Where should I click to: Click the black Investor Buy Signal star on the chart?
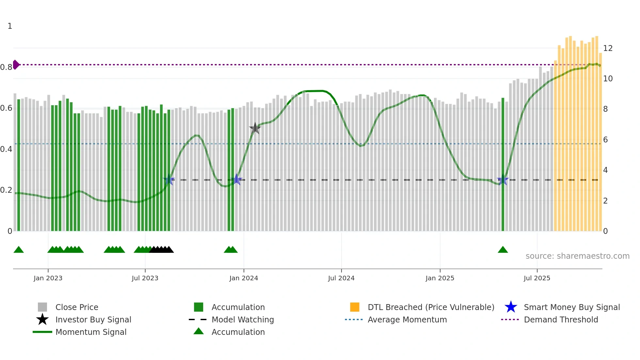click(x=255, y=128)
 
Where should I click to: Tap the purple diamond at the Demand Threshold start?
click(x=16, y=65)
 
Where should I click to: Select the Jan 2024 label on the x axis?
click(x=244, y=278)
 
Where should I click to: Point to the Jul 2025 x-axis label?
click(x=537, y=278)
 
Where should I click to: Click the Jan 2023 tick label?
click(x=48, y=278)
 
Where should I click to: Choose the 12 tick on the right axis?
click(x=608, y=48)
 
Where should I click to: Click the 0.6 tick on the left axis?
click(x=6, y=108)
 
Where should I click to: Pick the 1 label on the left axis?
click(x=10, y=26)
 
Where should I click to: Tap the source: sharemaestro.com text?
click(x=577, y=256)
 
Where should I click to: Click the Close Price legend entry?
click(x=77, y=307)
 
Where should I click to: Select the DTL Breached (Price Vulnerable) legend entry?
click(x=431, y=307)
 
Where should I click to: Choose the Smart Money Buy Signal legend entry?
click(x=571, y=307)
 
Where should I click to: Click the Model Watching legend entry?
click(x=243, y=320)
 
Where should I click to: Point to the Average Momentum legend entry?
click(x=407, y=320)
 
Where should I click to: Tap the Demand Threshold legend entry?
click(x=561, y=320)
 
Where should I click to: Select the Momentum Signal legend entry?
click(x=91, y=332)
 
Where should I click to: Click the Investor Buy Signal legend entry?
click(x=93, y=320)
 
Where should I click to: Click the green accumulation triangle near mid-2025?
click(x=503, y=250)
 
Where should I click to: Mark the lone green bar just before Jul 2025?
click(x=503, y=163)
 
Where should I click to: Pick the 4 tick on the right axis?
click(x=605, y=170)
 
